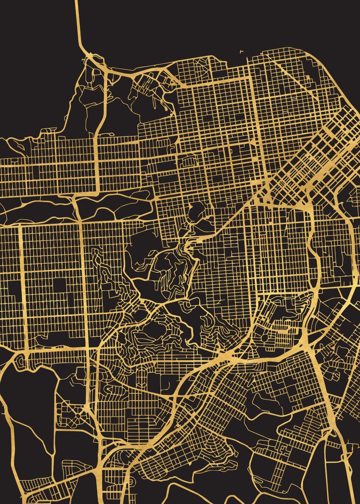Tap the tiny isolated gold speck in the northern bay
pos(242,52)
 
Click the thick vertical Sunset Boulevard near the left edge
pos(21,286)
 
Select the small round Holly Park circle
pos(264,338)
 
